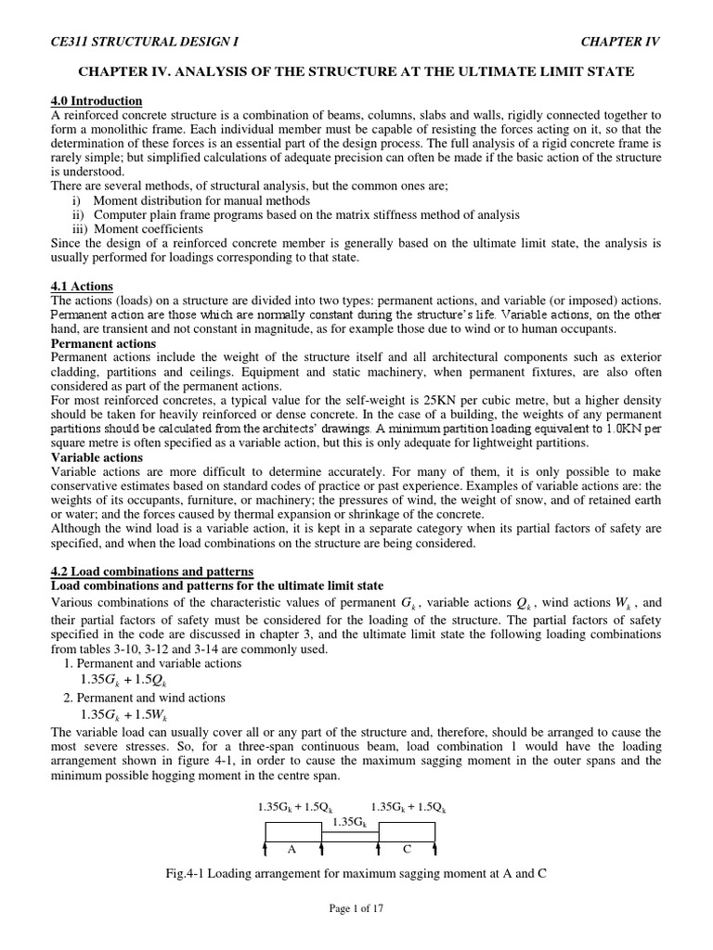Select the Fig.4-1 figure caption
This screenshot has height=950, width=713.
pyautogui.click(x=356, y=874)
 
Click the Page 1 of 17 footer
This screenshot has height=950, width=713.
pyautogui.click(x=356, y=909)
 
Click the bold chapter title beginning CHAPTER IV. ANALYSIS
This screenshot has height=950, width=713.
pyautogui.click(x=356, y=72)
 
